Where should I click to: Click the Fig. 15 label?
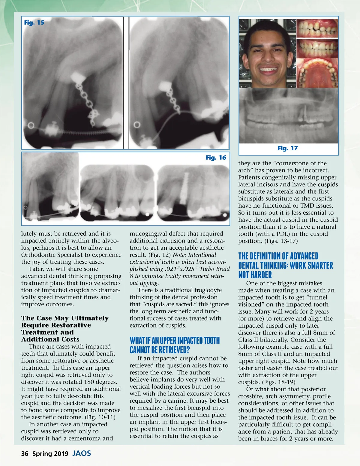coord(34,23)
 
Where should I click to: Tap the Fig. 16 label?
coord(216,158)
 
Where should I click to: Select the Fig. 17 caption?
coord(287,148)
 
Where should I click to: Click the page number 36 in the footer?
coord(25,454)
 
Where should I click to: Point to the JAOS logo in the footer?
coord(82,453)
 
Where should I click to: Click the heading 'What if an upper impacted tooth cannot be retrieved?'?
coord(175,345)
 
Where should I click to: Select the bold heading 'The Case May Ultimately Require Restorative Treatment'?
coord(65,329)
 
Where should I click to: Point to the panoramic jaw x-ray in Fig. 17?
coord(288,116)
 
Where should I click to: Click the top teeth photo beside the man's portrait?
coord(317,29)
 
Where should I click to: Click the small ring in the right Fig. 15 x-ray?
coord(137,125)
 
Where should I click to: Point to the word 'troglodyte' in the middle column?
coord(207,290)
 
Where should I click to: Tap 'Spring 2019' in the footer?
coord(50,454)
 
